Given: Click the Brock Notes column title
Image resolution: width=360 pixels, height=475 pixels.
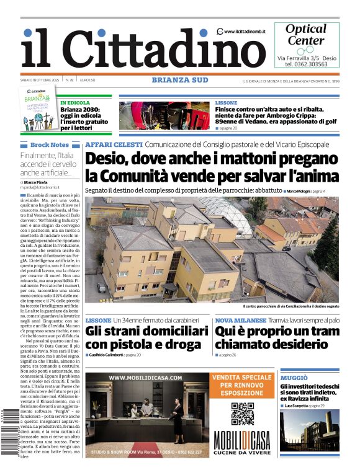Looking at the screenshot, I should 49,144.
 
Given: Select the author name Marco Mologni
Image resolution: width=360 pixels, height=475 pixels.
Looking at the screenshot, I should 302,191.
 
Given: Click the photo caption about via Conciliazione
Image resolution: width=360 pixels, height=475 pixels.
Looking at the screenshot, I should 290,306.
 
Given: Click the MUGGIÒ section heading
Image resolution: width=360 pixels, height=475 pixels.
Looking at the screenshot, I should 294,378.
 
